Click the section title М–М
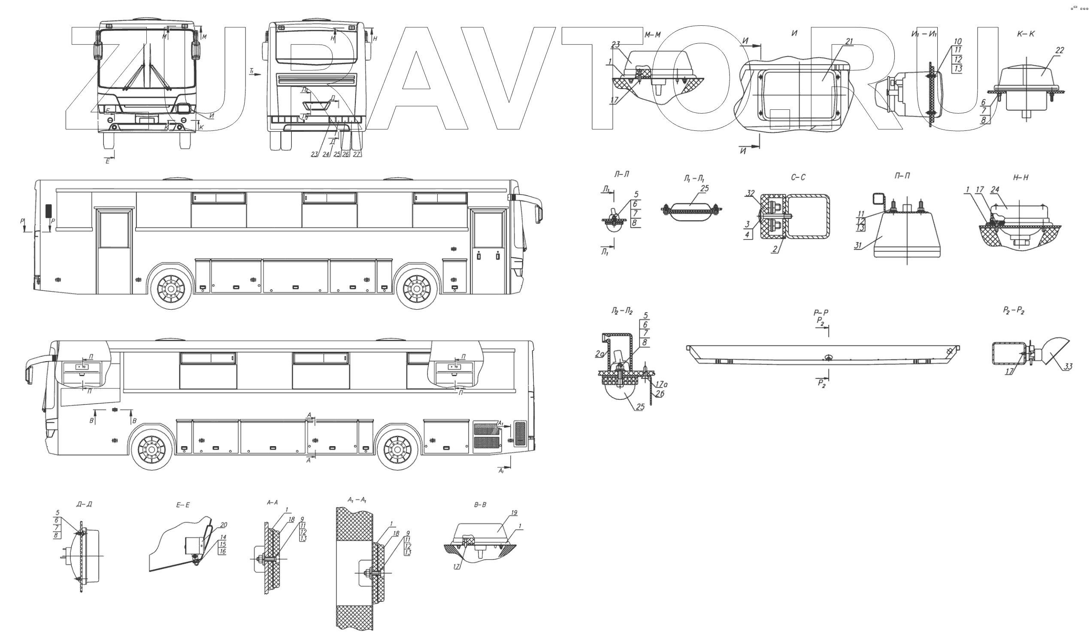653,35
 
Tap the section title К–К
1026,34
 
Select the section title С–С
799,177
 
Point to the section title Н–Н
1021,178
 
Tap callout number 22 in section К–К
1059,51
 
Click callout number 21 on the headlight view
849,42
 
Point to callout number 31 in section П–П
858,246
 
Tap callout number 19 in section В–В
514,513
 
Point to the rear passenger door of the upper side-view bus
114,251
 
